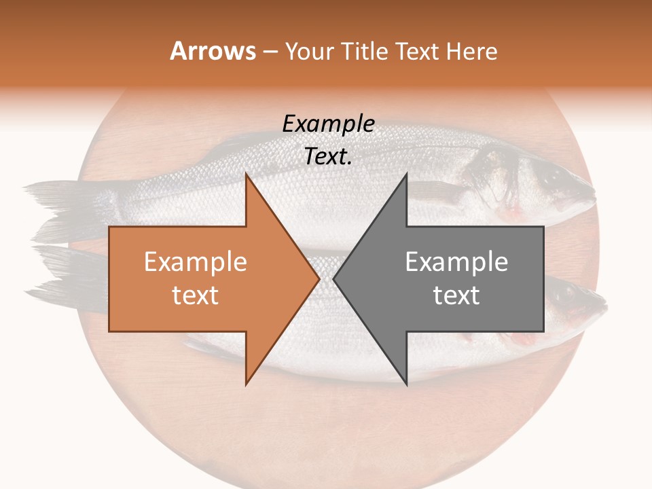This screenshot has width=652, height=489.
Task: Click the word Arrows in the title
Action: pos(213,51)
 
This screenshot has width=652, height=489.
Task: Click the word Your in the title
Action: pos(308,51)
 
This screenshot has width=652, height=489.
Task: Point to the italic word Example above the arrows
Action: pos(328,124)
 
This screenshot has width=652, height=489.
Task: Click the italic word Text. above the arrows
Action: pos(328,156)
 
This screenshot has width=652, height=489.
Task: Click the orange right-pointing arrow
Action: pos(204,278)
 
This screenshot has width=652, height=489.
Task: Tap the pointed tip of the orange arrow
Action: pos(318,278)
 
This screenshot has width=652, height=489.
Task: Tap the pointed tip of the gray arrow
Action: pos(335,278)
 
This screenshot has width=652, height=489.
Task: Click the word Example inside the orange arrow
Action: pos(195,262)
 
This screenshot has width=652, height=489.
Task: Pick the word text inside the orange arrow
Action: pos(195,295)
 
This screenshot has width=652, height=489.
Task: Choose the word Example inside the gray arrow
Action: pos(456,262)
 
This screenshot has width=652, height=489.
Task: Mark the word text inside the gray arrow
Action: pos(456,295)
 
